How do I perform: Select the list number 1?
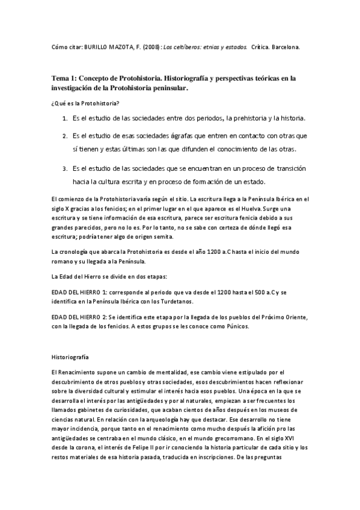pos(64,117)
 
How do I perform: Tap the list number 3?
pos(64,168)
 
